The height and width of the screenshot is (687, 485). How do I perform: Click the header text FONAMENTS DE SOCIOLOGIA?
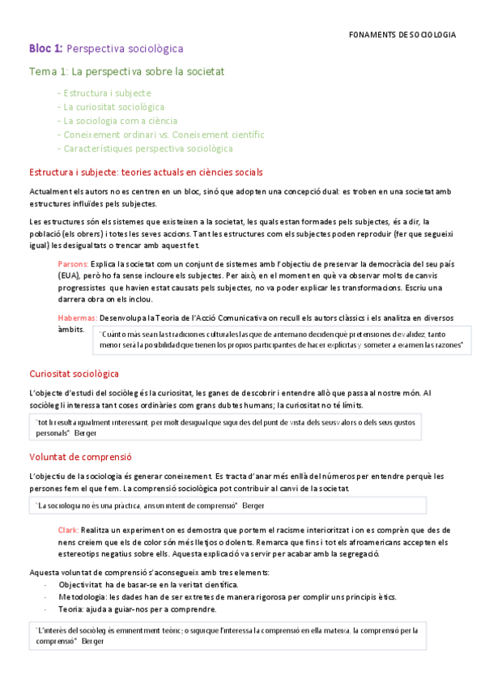pyautogui.click(x=402, y=35)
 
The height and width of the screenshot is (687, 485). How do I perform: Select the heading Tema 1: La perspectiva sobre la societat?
pyautogui.click(x=126, y=72)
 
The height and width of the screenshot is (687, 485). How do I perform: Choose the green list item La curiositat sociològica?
pyautogui.click(x=111, y=107)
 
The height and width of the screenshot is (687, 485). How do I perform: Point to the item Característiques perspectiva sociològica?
pyautogui.click(x=145, y=148)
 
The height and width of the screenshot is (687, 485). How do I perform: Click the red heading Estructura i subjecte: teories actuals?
pyautogui.click(x=145, y=173)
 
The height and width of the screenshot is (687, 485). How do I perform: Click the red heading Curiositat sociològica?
pyautogui.click(x=74, y=373)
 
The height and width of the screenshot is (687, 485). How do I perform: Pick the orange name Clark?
pyautogui.click(x=68, y=528)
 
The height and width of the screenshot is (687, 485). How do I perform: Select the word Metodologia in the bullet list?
pyautogui.click(x=83, y=596)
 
